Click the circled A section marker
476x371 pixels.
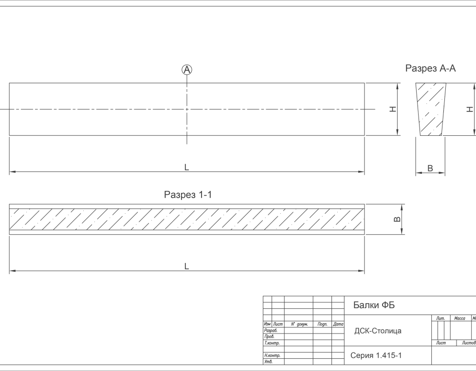coord(187,70)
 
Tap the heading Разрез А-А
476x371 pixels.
coord(430,69)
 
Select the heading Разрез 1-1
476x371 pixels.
coord(188,195)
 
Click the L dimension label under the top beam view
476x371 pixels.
coord(186,167)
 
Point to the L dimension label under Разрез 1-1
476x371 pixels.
coord(186,266)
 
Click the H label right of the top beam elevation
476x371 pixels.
coord(393,109)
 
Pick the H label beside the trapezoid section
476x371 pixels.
coord(469,109)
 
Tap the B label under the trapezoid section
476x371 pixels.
coord(430,168)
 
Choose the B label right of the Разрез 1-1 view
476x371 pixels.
coord(397,220)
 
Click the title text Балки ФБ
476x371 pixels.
coord(374,305)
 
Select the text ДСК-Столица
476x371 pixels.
coord(378,331)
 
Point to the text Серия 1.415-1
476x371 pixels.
coord(376,355)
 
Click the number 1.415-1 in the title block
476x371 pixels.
coord(388,355)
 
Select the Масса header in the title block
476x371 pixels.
coord(459,318)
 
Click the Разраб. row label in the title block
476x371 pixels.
coord(270,331)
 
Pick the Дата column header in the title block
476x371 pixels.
coord(338,324)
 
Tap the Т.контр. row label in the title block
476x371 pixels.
coord(272,343)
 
